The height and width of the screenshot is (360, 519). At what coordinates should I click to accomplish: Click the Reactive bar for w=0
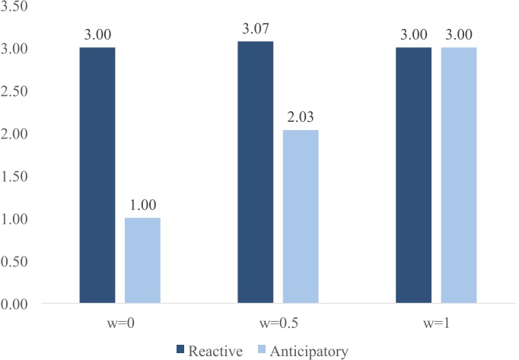tap(97, 176)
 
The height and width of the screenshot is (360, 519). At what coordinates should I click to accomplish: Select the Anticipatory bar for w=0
tap(142, 261)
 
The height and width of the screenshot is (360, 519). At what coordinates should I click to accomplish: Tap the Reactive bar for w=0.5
tap(255, 173)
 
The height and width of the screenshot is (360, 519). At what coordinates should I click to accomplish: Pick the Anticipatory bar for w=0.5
tap(301, 217)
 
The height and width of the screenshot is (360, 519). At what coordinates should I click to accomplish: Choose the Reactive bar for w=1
tap(413, 176)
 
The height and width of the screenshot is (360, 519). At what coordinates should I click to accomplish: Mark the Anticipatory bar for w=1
tap(458, 176)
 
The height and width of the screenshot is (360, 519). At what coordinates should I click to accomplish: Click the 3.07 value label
tap(255, 30)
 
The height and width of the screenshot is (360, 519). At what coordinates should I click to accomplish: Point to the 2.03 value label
tap(301, 119)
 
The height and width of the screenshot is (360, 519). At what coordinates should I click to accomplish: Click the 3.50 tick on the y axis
tap(15, 6)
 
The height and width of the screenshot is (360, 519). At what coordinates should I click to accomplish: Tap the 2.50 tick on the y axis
tap(15, 91)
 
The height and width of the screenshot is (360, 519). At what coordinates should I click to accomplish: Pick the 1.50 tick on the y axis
tap(15, 177)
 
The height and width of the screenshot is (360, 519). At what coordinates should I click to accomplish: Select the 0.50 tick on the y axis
tap(15, 262)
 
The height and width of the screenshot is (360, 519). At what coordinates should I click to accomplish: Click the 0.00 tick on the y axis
tap(15, 304)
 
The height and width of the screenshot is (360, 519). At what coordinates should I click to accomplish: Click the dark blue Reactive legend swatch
tap(180, 349)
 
